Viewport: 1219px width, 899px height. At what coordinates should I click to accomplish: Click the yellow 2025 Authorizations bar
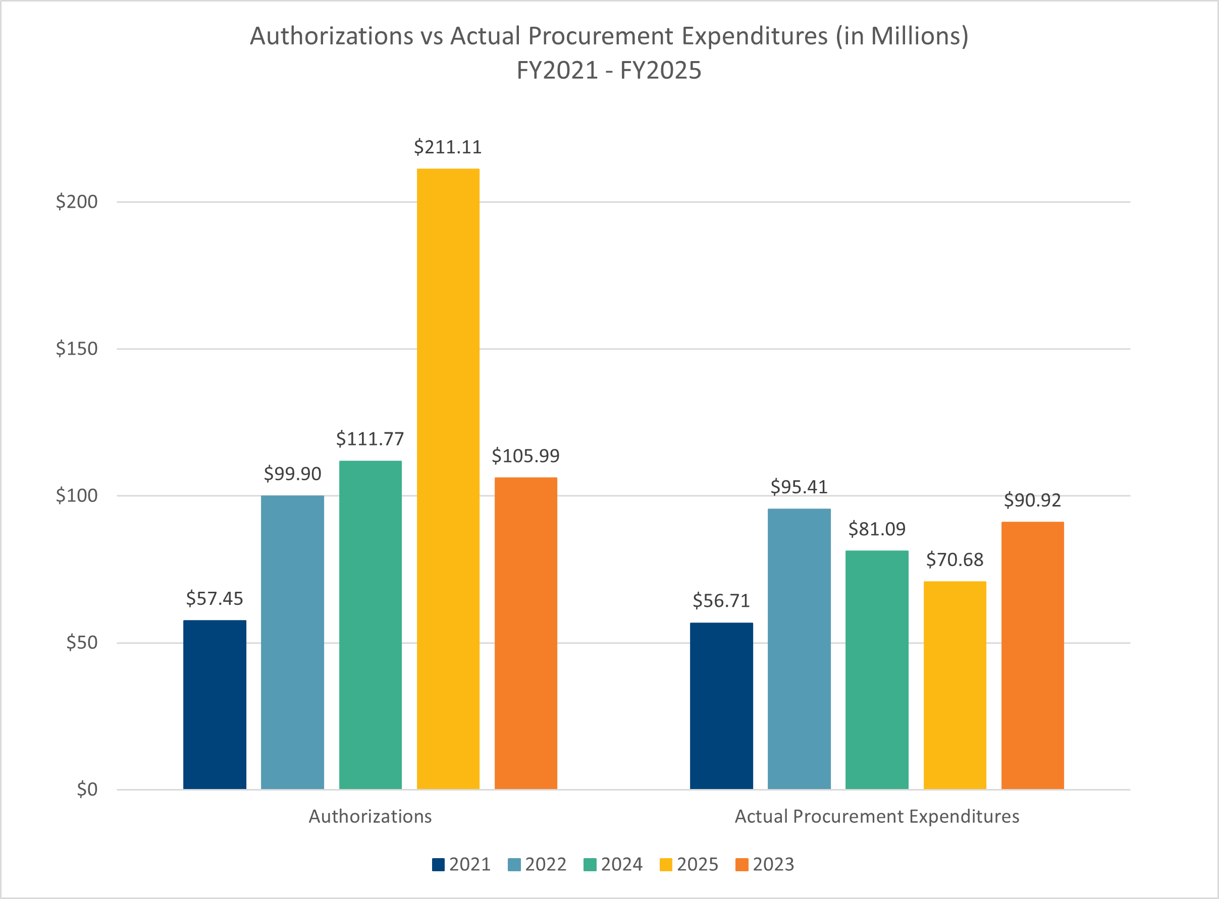click(x=448, y=479)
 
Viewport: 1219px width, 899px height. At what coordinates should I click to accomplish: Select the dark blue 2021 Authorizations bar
click(x=215, y=704)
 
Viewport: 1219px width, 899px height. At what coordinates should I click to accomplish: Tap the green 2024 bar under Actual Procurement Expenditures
click(x=877, y=669)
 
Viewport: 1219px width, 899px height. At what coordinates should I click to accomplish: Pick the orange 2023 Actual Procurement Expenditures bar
click(x=1032, y=655)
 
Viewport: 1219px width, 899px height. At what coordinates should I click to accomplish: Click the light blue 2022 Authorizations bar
click(x=292, y=642)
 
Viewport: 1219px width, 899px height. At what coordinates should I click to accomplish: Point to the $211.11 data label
click(x=448, y=147)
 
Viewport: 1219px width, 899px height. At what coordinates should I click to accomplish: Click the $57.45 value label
click(x=215, y=599)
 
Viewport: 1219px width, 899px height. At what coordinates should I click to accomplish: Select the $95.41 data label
click(x=799, y=487)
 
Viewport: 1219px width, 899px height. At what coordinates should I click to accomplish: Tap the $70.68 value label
click(x=955, y=559)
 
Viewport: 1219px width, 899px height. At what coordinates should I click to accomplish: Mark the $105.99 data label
click(x=525, y=456)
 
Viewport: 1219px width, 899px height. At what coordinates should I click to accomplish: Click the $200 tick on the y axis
click(x=77, y=202)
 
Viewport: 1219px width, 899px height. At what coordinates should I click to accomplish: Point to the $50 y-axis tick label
click(x=82, y=643)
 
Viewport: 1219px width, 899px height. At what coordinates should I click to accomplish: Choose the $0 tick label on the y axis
click(x=87, y=789)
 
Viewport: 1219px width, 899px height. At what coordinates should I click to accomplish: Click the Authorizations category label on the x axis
click(x=370, y=816)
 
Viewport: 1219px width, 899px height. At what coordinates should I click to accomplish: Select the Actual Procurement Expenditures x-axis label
click(x=877, y=816)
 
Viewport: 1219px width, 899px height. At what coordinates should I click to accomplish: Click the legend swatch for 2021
click(x=438, y=864)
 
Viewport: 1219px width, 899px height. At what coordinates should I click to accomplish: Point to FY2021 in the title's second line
click(x=557, y=71)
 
